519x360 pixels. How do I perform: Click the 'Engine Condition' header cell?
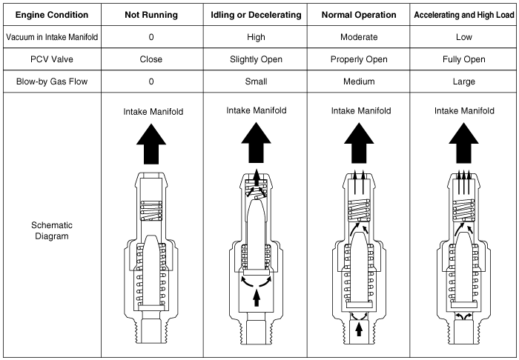pyautogui.click(x=47, y=15)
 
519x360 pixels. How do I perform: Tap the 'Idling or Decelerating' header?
pyautogui.click(x=254, y=15)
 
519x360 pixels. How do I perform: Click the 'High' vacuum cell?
pyautogui.click(x=254, y=36)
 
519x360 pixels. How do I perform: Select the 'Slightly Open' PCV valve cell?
pyautogui.click(x=254, y=59)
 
